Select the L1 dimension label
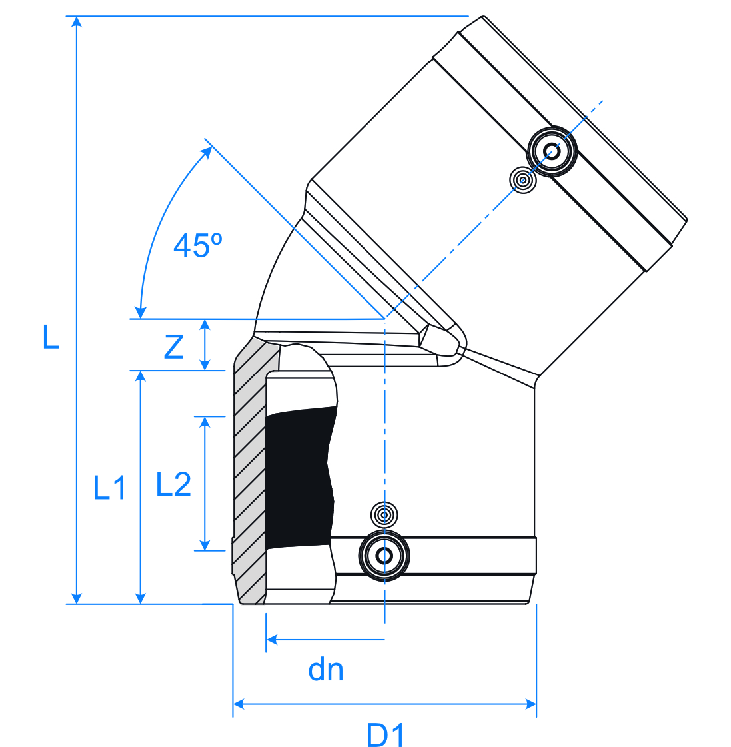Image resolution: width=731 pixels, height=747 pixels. [x=109, y=488]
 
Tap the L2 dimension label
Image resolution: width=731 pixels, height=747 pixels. [x=173, y=484]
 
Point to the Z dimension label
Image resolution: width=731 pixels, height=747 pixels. [x=173, y=347]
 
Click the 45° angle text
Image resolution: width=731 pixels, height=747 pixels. [x=197, y=245]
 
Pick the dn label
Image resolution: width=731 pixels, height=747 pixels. [x=326, y=670]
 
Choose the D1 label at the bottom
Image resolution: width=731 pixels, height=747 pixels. [x=386, y=736]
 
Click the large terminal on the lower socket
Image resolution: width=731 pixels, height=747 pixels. [x=384, y=556]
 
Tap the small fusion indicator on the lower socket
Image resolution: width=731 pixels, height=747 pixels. [x=384, y=514]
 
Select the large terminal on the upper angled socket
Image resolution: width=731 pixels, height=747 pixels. [x=551, y=151]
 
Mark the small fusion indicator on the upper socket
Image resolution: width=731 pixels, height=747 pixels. [x=523, y=180]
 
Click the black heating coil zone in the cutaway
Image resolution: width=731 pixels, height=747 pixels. [x=299, y=477]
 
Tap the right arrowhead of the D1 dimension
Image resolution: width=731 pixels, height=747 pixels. [x=531, y=704]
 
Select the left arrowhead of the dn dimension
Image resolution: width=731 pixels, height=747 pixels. [x=271, y=640]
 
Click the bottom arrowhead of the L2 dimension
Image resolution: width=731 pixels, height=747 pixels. [x=205, y=544]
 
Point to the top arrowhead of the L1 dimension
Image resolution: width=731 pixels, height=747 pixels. [x=140, y=376]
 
